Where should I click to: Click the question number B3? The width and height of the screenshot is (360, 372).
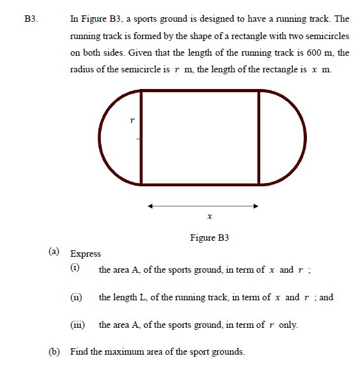click(x=31, y=19)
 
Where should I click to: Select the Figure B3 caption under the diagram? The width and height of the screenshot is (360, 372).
click(x=210, y=238)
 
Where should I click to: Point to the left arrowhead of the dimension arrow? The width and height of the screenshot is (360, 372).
click(x=150, y=206)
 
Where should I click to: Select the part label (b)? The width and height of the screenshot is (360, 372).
click(x=56, y=352)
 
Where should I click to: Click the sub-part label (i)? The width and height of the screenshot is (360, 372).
click(x=75, y=270)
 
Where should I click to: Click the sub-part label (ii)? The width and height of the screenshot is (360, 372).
click(x=77, y=297)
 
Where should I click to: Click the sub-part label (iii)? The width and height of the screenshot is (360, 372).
click(x=78, y=325)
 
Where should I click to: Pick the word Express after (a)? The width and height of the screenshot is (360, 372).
click(x=86, y=254)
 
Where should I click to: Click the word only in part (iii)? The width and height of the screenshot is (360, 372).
click(x=288, y=325)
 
